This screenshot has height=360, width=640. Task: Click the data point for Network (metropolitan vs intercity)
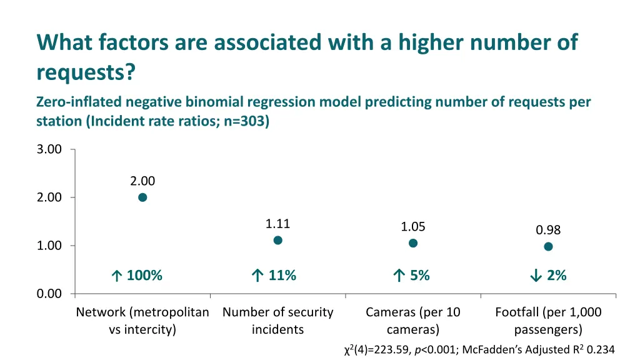(x=142, y=197)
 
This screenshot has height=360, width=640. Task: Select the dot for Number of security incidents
(x=278, y=241)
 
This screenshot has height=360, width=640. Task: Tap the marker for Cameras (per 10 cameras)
(x=413, y=243)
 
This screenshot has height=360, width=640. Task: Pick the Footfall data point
(x=548, y=246)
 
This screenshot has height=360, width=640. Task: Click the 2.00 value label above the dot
(x=142, y=181)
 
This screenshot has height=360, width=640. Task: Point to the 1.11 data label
(x=278, y=224)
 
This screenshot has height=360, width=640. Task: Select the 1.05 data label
(x=413, y=227)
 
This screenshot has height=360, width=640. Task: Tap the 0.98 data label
(x=548, y=230)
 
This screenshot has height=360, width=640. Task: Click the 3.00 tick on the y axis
(x=49, y=149)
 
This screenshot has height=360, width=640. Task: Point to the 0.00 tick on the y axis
(x=49, y=294)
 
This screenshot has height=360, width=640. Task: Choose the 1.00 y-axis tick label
(x=49, y=246)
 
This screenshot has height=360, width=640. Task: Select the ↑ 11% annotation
(x=273, y=276)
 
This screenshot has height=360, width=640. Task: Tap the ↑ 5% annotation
(x=411, y=276)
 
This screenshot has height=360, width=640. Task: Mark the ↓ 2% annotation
(x=547, y=276)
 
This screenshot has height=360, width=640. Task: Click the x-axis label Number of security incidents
(x=278, y=321)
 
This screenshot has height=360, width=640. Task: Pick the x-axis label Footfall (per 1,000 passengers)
(x=548, y=321)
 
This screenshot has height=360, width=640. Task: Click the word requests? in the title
(x=86, y=72)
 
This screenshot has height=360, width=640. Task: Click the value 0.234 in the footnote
(x=601, y=350)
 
